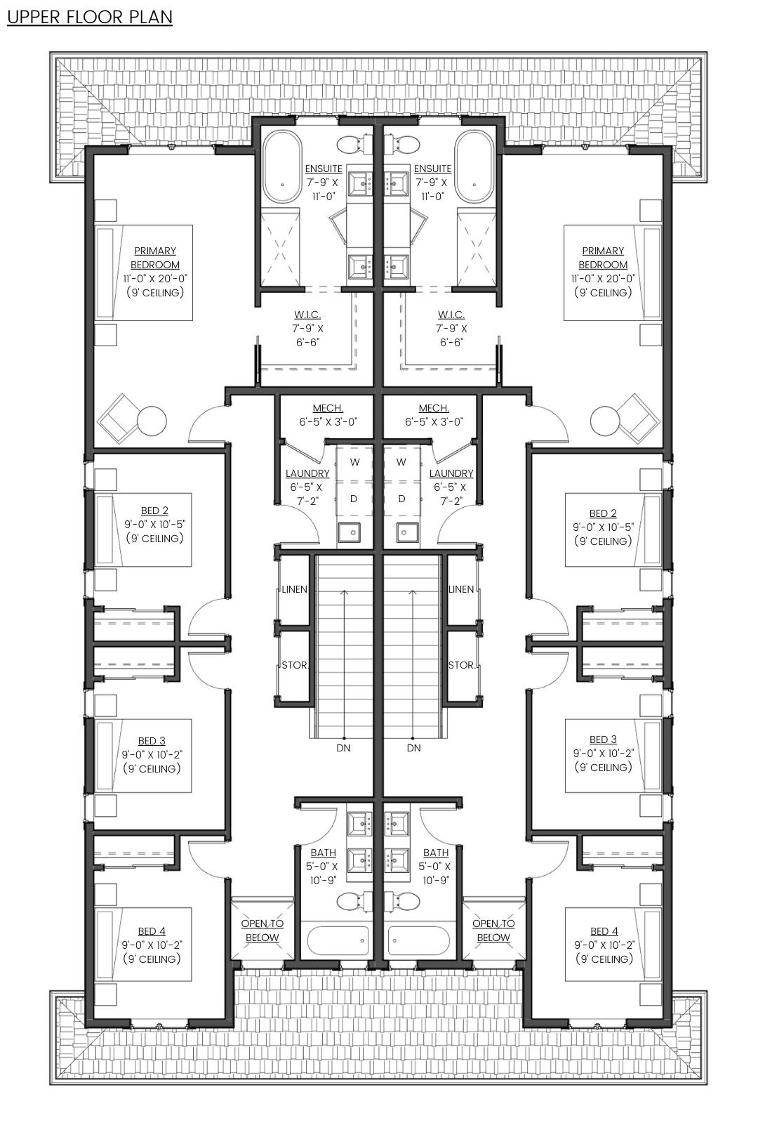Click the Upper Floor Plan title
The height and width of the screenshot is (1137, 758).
click(90, 17)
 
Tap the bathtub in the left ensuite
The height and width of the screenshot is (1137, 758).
click(281, 167)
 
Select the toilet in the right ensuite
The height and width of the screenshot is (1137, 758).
click(404, 144)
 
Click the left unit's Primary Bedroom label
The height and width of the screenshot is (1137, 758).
click(154, 258)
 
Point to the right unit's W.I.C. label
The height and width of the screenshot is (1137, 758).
click(451, 315)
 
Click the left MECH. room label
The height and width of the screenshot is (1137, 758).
click(328, 408)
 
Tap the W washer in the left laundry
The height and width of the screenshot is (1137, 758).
click(354, 462)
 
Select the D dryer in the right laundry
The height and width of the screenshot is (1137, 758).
click(401, 499)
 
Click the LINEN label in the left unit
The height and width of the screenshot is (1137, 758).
click(294, 589)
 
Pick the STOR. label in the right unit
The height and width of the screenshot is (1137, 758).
click(461, 665)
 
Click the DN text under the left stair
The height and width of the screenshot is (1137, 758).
click(343, 748)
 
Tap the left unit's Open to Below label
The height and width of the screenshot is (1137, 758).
click(262, 931)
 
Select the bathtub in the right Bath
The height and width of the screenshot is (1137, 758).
click(419, 940)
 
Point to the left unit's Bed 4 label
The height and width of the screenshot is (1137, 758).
click(152, 931)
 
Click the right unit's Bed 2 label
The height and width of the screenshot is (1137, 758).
click(603, 513)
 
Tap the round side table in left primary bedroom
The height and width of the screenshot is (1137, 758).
click(152, 421)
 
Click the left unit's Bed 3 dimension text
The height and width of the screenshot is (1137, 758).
click(152, 755)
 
